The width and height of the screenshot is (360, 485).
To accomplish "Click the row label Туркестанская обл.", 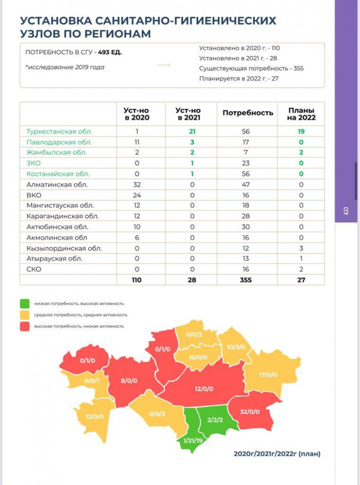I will click(59, 131).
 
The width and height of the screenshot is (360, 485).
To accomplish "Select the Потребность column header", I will click(248, 113).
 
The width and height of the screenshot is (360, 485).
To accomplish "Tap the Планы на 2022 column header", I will click(301, 114).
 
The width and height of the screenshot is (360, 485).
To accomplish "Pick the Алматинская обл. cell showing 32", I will click(137, 185).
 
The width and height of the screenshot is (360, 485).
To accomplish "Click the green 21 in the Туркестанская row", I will click(192, 131).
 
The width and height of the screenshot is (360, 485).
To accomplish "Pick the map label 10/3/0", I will click(237, 347).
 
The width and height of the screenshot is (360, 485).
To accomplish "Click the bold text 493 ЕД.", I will click(110, 53).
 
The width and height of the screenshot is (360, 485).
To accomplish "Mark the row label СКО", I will click(34, 269).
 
